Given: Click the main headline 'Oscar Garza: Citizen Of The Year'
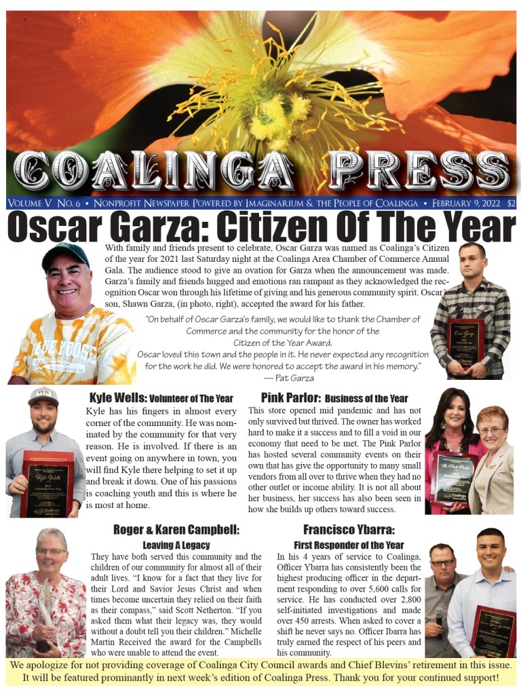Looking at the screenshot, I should (260, 227).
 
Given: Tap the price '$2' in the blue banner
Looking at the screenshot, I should (510, 203).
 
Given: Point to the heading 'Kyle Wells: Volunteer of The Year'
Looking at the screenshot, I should (161, 398).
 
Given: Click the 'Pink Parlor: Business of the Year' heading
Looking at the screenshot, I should (334, 398).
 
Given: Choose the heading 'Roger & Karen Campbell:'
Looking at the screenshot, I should (176, 530).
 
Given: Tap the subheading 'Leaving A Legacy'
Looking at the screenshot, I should (176, 545).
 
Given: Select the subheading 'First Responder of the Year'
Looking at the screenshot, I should (349, 545).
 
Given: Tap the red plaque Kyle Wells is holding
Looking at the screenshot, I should (46, 482).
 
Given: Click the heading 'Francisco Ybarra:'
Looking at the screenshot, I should (349, 530).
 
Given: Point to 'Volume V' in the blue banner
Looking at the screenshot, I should (31, 203).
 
